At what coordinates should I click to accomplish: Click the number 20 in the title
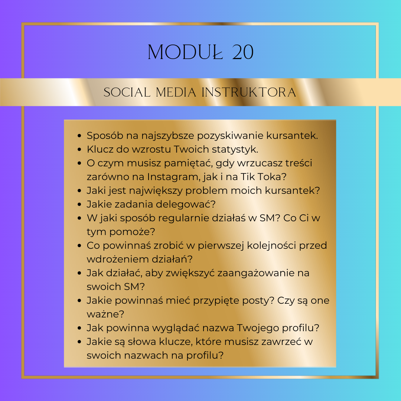[x=243, y=52]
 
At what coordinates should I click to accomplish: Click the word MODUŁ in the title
[x=186, y=52]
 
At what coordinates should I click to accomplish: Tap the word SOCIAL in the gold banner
[x=127, y=92]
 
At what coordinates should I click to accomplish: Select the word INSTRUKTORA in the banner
[x=249, y=92]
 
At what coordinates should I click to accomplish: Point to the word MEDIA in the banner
[x=176, y=92]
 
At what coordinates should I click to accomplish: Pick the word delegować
[x=186, y=204]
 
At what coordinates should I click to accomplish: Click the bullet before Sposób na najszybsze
[x=79, y=136]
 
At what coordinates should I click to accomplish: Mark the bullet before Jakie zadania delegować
[x=79, y=204]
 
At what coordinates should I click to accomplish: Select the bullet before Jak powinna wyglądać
[x=79, y=328]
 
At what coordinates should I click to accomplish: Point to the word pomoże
[x=132, y=232]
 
